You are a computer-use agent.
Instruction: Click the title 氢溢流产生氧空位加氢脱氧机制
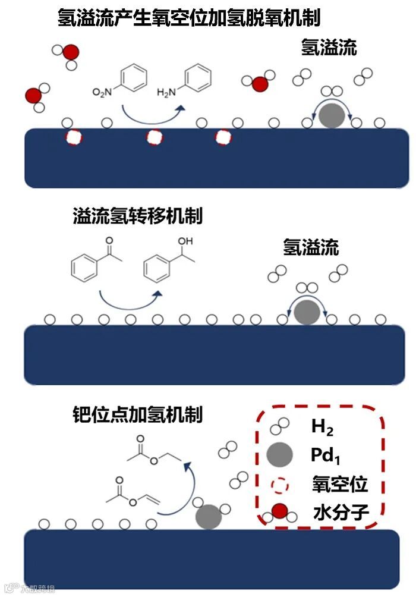click(189, 18)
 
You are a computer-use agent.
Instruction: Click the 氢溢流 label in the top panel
click(329, 48)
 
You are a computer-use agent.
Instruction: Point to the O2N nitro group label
click(102, 92)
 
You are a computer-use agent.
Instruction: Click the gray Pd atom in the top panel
click(331, 115)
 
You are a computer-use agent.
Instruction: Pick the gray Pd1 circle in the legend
click(279, 455)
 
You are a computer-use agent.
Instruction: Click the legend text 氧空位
click(339, 484)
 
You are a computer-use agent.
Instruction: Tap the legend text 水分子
click(339, 511)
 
